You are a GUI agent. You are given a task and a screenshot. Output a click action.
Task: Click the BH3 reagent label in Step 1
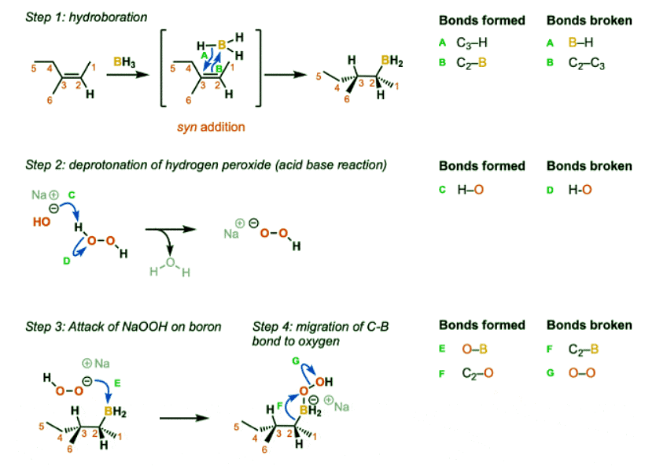click(x=123, y=61)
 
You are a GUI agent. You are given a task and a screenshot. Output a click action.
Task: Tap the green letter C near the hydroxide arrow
click(x=71, y=193)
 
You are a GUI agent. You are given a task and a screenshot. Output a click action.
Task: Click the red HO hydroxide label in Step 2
click(x=42, y=223)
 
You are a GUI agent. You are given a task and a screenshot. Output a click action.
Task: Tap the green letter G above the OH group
click(x=296, y=360)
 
